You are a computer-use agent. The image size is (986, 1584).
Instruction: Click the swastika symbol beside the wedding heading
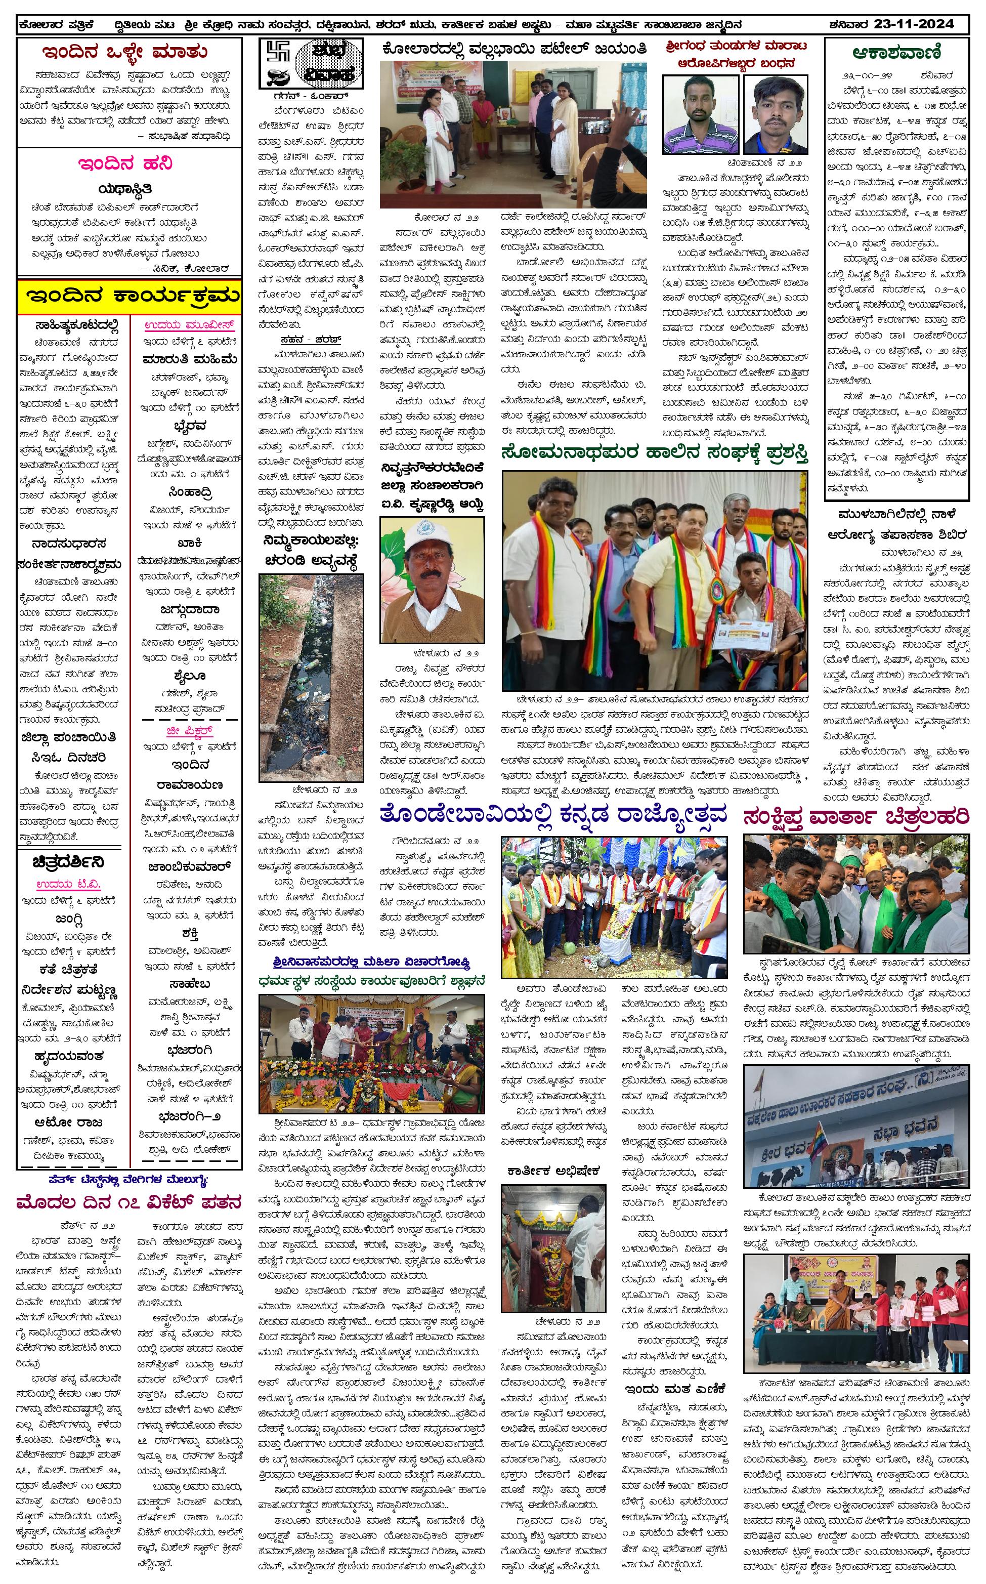276,54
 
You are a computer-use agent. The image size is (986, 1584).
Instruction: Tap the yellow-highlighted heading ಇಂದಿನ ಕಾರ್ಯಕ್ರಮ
129,296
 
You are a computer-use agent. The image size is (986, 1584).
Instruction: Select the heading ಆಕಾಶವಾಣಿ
896,53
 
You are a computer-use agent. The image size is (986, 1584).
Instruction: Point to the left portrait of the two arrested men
701,114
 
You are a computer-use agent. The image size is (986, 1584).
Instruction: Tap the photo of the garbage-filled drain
311,678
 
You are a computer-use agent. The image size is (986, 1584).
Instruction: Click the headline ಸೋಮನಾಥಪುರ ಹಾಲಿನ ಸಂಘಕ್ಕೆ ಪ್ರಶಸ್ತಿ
655,452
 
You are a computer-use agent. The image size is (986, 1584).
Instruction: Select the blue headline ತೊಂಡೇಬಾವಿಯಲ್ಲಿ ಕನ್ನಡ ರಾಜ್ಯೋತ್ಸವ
553,814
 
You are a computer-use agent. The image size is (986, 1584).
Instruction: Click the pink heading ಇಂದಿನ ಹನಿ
125,163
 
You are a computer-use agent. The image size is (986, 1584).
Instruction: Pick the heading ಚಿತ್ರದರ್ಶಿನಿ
68,862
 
